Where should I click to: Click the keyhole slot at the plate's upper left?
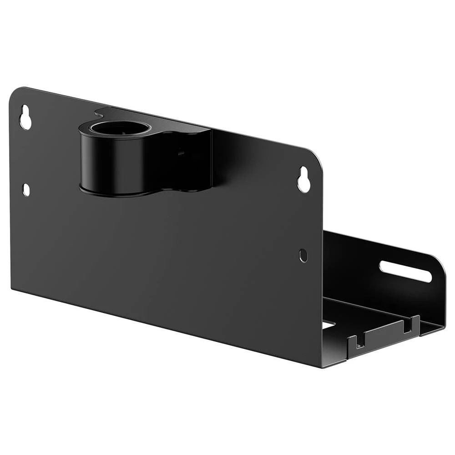[25, 117]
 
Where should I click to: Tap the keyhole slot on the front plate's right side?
[303, 180]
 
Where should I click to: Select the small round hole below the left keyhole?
[26, 190]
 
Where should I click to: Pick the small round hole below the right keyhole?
[303, 255]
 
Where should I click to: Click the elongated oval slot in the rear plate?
[405, 271]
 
